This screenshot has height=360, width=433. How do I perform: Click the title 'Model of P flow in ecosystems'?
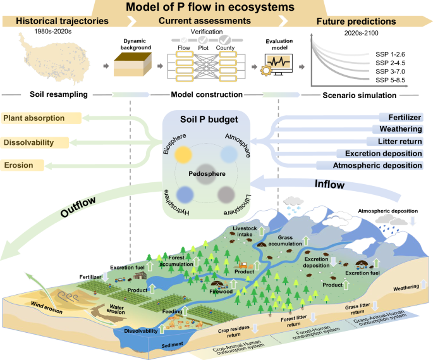[216, 8]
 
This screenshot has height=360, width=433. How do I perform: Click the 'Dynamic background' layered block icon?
[133, 66]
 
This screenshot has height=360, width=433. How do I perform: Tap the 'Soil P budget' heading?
[207, 120]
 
